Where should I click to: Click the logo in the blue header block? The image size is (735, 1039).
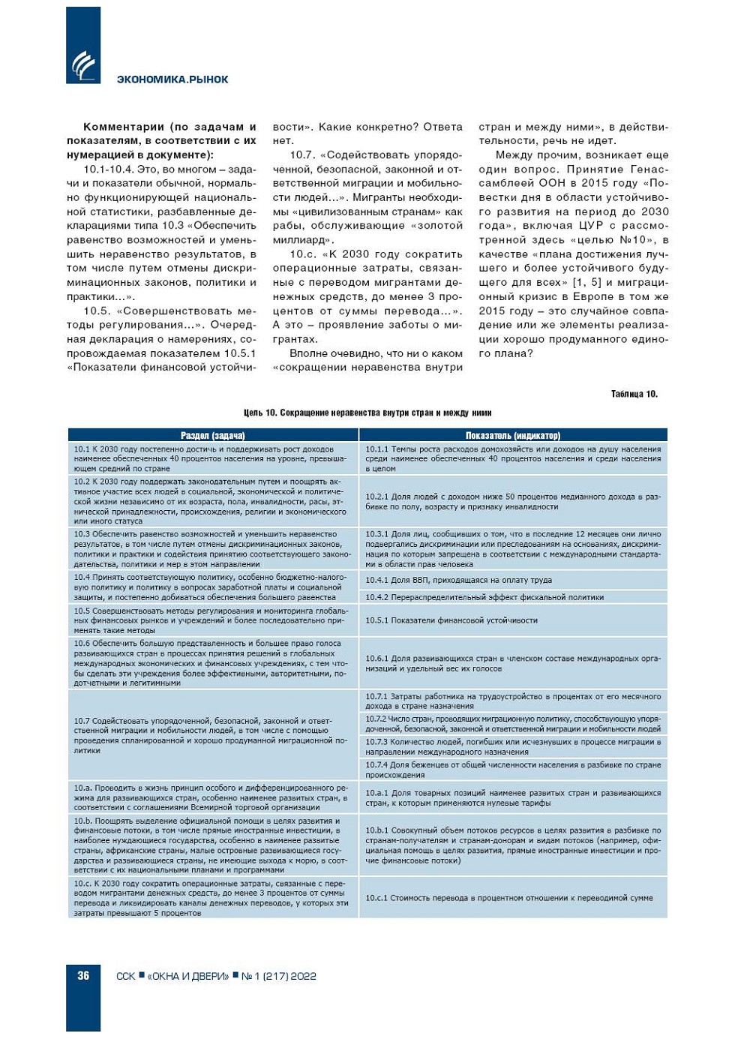(83, 65)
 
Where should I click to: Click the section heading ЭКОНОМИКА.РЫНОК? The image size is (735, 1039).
(172, 80)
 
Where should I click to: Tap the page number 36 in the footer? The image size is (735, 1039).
(83, 975)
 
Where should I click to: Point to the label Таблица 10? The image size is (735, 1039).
(634, 394)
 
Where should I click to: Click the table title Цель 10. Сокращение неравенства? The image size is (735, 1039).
(367, 413)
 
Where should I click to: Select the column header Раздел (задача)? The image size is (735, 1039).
(213, 435)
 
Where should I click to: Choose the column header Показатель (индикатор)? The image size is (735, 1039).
(513, 435)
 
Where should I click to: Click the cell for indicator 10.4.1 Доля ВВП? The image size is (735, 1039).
(513, 580)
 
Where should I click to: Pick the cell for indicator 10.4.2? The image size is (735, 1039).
(513, 597)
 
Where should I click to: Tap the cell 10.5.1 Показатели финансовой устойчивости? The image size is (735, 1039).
(513, 620)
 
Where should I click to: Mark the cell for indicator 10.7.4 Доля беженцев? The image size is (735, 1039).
(513, 770)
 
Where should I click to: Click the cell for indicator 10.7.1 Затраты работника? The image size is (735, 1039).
(513, 701)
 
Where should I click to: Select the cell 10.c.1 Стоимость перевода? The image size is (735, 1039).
(513, 898)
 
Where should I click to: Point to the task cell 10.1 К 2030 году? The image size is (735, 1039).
(213, 458)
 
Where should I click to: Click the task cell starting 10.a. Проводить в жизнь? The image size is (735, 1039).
(213, 797)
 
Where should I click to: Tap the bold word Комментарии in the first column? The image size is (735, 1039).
(124, 127)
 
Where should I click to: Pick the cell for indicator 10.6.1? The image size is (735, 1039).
(513, 663)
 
